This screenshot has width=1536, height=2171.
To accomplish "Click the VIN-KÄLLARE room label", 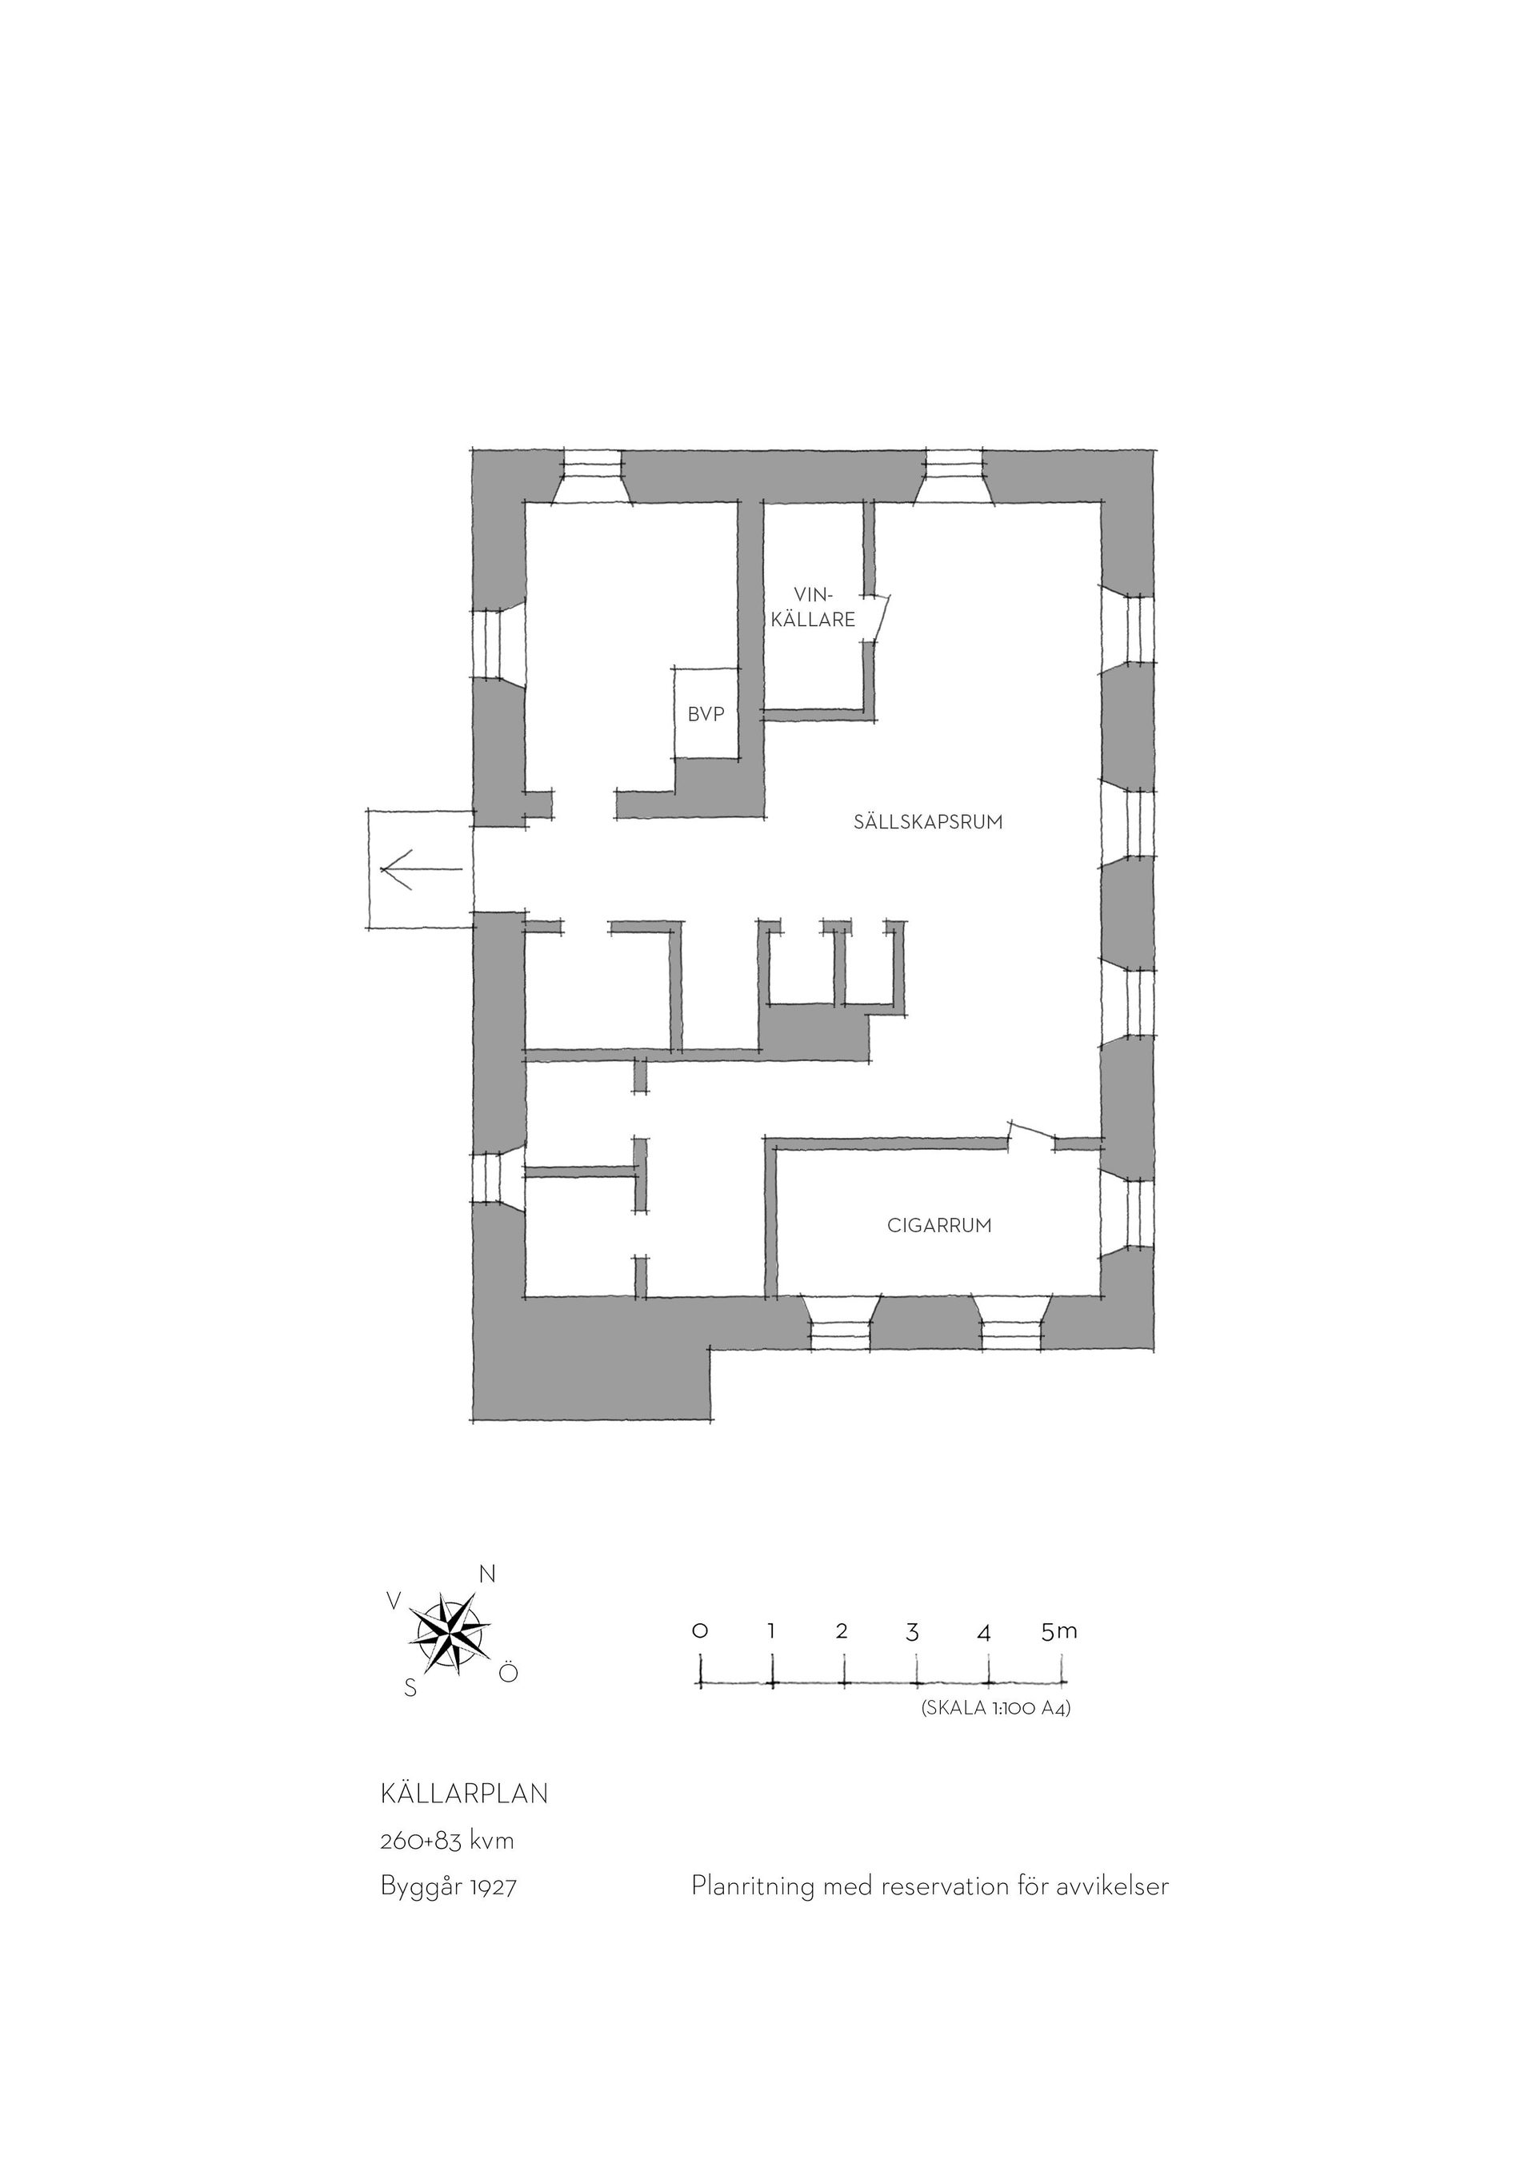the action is [814, 607].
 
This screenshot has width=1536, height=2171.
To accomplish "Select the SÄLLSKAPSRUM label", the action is [928, 822].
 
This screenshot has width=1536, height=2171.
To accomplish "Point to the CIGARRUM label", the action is [939, 1226].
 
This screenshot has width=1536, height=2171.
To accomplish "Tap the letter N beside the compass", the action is [487, 1574].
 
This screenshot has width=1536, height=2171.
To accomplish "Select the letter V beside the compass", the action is [394, 1601].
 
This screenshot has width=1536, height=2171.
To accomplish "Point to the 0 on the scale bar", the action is [700, 1630].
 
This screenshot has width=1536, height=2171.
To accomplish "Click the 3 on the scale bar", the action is [913, 1631].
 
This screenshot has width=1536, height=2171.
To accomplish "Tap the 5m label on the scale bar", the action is [1059, 1630].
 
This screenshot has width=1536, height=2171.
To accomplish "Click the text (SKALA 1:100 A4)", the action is [995, 1709].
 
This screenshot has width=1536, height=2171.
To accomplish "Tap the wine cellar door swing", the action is [881, 616].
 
